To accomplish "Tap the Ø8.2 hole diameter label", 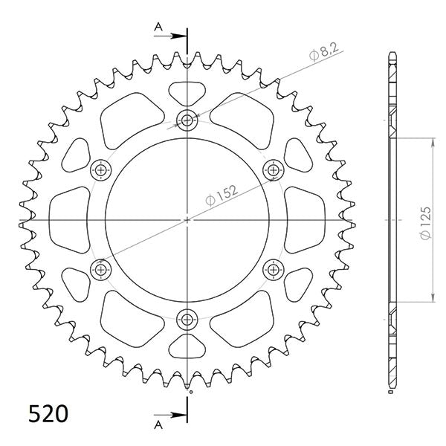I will (313, 54).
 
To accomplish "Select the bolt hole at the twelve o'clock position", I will (187, 120).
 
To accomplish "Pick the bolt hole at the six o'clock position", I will (187, 320).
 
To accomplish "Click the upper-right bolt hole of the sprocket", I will (274, 170).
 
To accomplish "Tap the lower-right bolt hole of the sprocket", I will (274, 269).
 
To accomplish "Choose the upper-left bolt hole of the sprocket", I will (100, 170).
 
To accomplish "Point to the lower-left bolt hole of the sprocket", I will (100, 269).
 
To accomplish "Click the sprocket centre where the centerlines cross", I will (187, 220).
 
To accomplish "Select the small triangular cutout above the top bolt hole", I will (187, 91).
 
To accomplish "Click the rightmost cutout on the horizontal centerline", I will (306, 220).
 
